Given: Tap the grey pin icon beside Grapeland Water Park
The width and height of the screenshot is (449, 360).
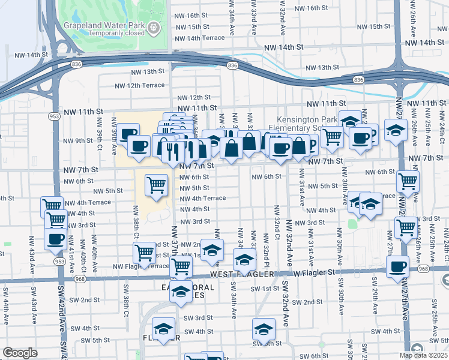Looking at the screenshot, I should point(155,26).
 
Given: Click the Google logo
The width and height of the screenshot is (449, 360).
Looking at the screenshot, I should point(20,353).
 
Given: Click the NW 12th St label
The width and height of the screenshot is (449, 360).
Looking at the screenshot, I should point(191,97).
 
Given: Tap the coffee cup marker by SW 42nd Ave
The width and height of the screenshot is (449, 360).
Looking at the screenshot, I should point(56,238).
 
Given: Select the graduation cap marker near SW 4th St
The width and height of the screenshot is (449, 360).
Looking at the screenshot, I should point(262,329).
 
